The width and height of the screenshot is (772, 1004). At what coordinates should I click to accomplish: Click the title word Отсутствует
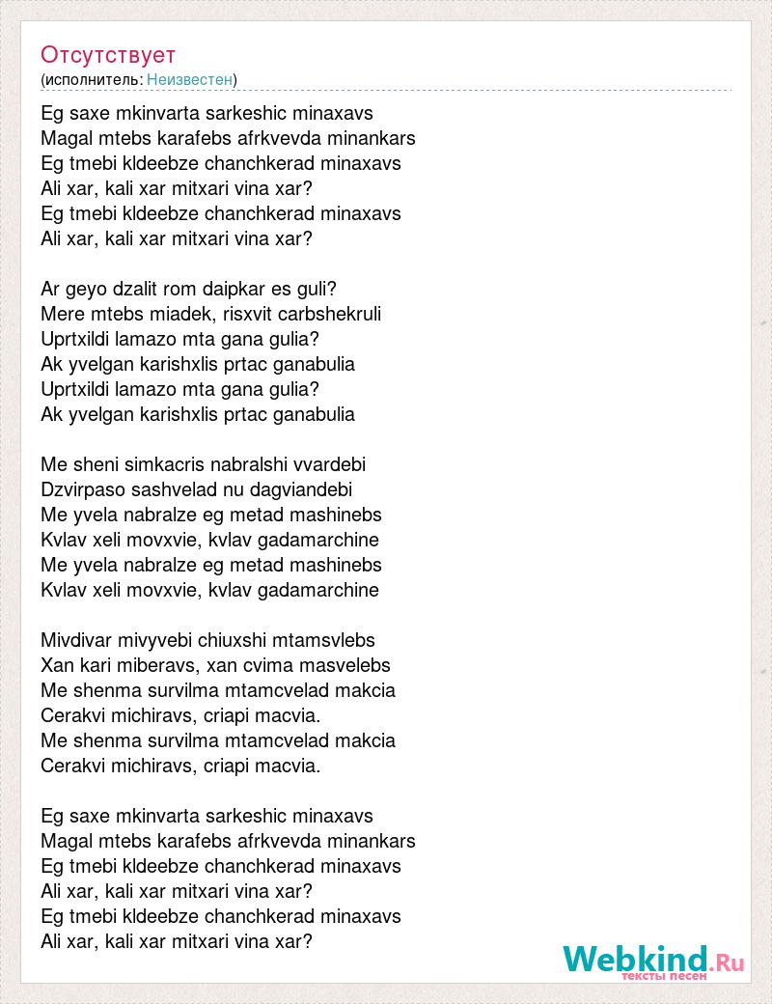(108, 55)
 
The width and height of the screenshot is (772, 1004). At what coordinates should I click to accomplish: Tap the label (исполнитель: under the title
(92, 79)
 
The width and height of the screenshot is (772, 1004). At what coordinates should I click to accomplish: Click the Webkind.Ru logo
(653, 962)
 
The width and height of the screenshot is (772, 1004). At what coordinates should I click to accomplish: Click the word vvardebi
(332, 464)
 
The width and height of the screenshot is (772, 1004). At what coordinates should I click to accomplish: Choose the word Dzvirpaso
(79, 489)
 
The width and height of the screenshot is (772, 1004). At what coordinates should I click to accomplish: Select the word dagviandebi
(297, 489)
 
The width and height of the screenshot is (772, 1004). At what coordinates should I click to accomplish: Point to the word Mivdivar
(76, 640)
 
